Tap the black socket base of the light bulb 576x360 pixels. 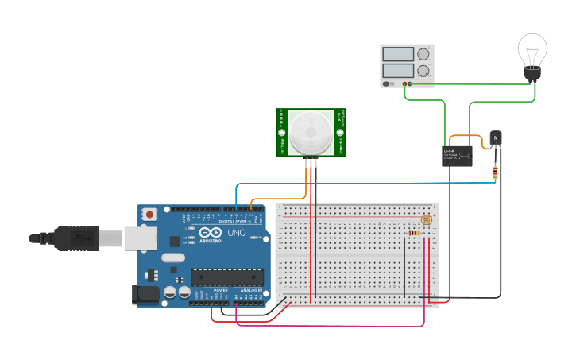[x=532, y=75]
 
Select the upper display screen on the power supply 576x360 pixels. [x=398, y=54]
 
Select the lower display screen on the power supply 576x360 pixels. [x=398, y=70]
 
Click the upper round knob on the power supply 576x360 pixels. [x=423, y=54]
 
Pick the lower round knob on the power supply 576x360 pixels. [x=423, y=71]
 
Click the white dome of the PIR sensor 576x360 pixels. [x=311, y=131]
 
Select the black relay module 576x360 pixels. [x=458, y=155]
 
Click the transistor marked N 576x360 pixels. [x=497, y=138]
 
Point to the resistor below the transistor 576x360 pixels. [x=497, y=169]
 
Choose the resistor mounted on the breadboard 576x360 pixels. [x=414, y=233]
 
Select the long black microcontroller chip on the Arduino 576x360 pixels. [x=226, y=277]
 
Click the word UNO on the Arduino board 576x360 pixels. [x=237, y=234]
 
